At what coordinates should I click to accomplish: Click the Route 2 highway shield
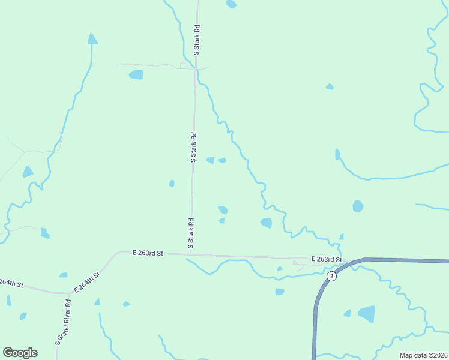(x=331, y=275)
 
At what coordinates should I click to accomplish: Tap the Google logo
(x=20, y=352)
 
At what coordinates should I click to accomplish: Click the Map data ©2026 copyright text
(x=423, y=355)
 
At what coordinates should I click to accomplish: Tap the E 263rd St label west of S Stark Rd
(x=148, y=254)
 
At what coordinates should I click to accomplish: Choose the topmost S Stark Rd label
(x=196, y=41)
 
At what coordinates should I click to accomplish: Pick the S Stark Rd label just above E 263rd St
(x=191, y=233)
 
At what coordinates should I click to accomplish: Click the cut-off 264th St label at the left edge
(x=11, y=283)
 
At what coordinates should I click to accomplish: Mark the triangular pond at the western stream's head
(x=92, y=40)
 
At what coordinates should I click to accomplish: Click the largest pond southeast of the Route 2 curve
(x=366, y=314)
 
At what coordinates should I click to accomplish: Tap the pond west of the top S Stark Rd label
(x=136, y=75)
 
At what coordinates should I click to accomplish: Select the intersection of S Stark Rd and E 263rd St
(x=191, y=254)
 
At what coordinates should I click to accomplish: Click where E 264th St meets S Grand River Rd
(x=68, y=293)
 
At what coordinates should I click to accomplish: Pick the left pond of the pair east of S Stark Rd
(x=210, y=160)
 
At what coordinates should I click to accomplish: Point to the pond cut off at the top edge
(x=231, y=4)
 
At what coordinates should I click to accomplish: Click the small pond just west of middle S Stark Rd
(x=172, y=183)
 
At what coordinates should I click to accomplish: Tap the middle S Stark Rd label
(x=193, y=148)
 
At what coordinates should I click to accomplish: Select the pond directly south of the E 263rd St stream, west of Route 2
(x=279, y=292)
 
